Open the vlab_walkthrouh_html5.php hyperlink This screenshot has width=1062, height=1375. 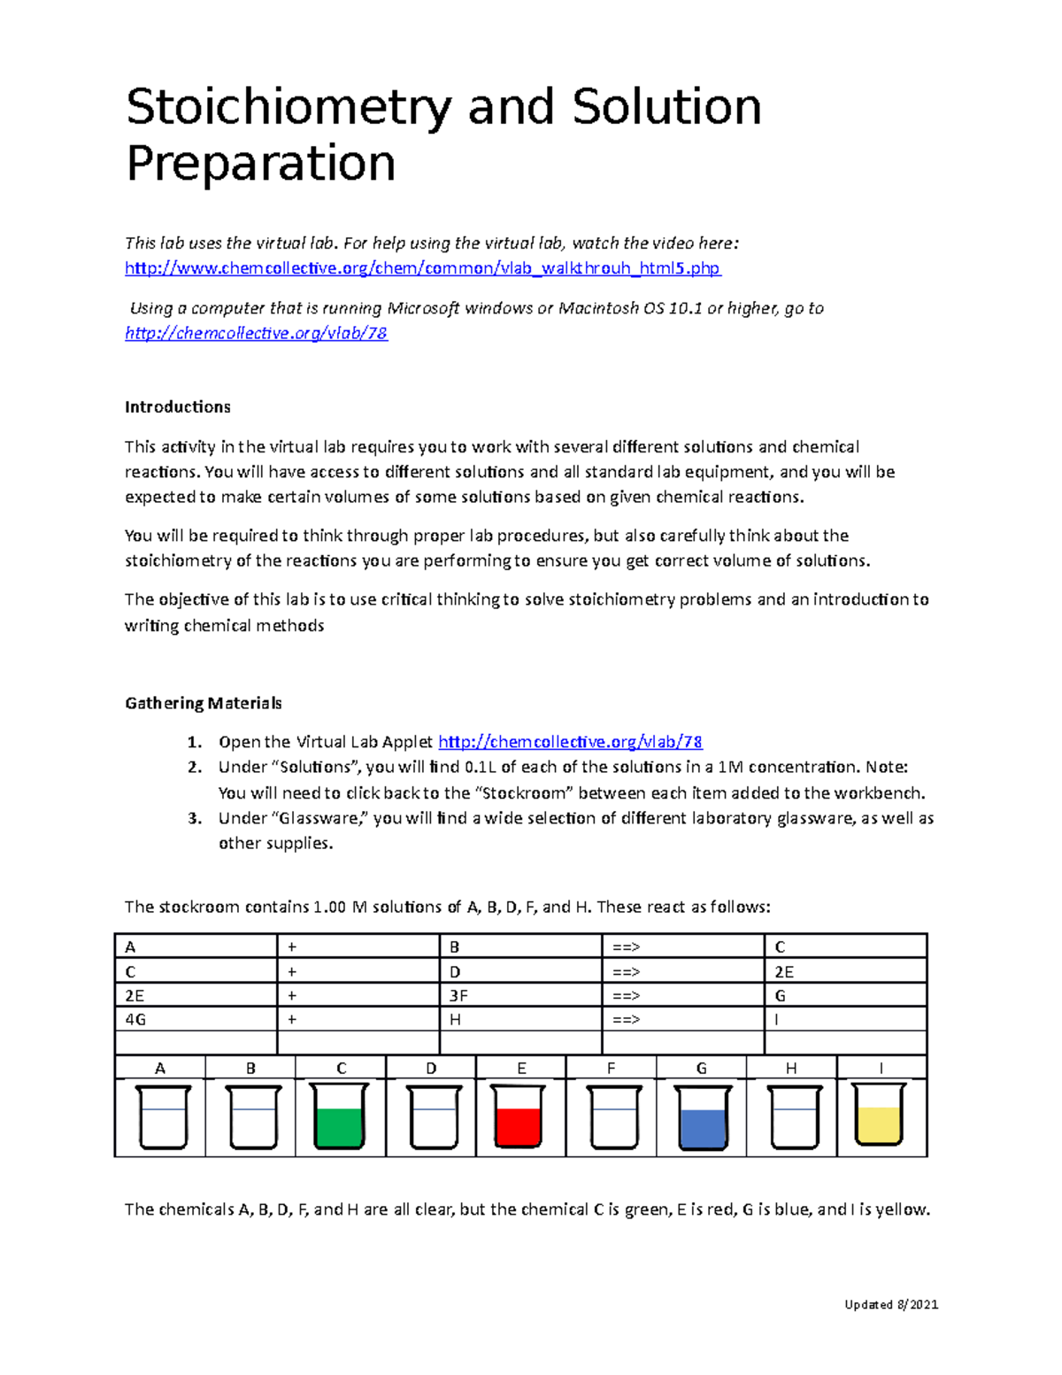(422, 268)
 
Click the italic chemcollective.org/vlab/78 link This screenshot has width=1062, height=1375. (256, 334)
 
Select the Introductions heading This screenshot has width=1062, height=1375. (177, 407)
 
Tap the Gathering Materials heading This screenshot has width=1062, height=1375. (203, 703)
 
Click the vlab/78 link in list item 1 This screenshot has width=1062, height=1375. (570, 742)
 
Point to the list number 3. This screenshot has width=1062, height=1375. (195, 818)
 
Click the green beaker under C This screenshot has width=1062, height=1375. (341, 1118)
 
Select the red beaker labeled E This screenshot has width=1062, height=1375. (519, 1117)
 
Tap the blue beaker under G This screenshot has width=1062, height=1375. (703, 1118)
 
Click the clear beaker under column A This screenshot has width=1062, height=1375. (163, 1118)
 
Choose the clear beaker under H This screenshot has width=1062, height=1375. (794, 1118)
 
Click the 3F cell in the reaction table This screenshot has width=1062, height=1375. (458, 995)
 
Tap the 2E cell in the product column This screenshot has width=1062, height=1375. (784, 971)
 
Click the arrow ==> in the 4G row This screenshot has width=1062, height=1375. (626, 1019)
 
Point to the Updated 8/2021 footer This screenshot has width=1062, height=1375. (891, 1304)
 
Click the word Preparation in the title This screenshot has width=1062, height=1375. (260, 165)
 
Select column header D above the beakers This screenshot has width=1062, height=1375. (431, 1068)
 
